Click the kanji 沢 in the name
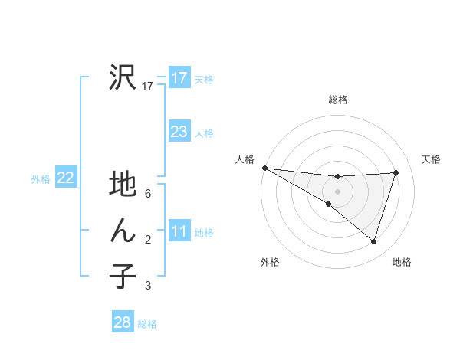pos(123,77)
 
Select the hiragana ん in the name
pos(123,231)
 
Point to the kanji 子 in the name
pos(123,277)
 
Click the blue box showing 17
pos(179,77)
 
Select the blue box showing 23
pos(179,132)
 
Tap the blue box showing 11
pos(179,231)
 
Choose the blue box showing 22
pos(65,178)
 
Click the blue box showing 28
pos(122,322)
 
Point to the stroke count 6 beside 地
pos(148,194)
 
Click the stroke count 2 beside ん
pos(148,241)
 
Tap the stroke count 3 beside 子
pos(148,286)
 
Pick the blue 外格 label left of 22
pos(41,179)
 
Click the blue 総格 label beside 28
pos(147,324)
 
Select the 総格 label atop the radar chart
pos(337,100)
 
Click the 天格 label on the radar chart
pos(431,159)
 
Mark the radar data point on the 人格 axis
pos(265,168)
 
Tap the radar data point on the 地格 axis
pos(373,242)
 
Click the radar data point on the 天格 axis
pos(396,172)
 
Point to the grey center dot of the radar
pos(337,191)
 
